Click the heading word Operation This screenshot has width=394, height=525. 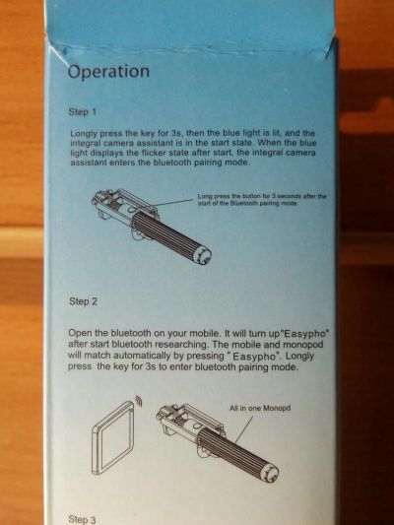pos(108,72)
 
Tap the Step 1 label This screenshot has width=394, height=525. pos(83,112)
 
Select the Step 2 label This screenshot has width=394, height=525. pos(84,301)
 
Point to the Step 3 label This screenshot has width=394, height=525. pos(82,519)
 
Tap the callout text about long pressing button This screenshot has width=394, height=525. pos(262,200)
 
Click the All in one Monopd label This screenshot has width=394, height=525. pos(260,408)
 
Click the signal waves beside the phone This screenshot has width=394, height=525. pos(139,401)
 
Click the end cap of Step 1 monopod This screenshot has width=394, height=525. pos(204,256)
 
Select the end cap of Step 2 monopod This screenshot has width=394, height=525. pos(272,473)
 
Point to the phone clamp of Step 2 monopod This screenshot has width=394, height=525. pos(190,423)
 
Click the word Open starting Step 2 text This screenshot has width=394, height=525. pos(80,334)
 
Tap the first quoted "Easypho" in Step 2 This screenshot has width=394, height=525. pos(306,334)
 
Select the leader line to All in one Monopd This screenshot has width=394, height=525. pos(243,430)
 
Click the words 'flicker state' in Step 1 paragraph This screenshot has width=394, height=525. pos(154,153)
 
